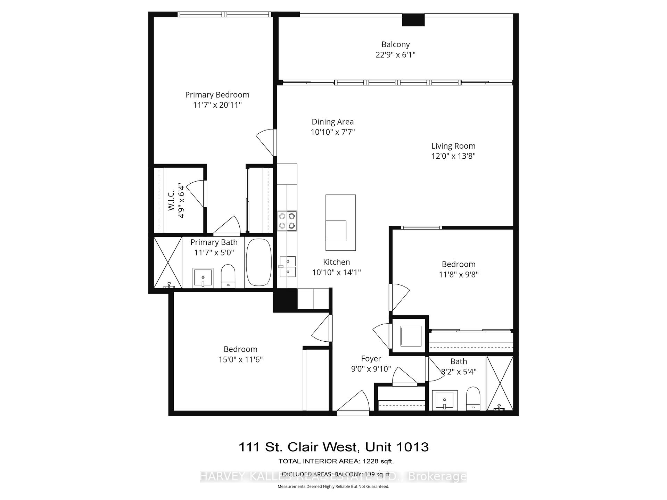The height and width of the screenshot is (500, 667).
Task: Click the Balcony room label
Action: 395,44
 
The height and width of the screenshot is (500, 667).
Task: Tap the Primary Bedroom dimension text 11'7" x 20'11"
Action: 217,105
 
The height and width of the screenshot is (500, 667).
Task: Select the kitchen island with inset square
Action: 340,222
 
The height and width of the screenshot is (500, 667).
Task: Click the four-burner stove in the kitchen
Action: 287,221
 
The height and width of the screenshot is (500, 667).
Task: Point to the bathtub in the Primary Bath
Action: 259,262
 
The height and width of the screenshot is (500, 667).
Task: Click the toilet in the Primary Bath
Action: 228,276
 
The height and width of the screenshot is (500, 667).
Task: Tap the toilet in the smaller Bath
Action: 473,398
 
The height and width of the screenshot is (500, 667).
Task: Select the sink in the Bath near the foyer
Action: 445,400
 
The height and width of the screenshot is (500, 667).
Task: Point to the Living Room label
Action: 453,146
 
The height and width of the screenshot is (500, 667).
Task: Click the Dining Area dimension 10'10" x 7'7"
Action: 332,132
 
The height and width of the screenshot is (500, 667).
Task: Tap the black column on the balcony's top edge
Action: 413,20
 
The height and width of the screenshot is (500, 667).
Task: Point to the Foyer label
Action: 371,359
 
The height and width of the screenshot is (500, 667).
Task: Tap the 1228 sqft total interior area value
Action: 378,461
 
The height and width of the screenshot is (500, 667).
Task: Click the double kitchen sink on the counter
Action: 288,266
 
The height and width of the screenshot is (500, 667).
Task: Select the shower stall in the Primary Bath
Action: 168,262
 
